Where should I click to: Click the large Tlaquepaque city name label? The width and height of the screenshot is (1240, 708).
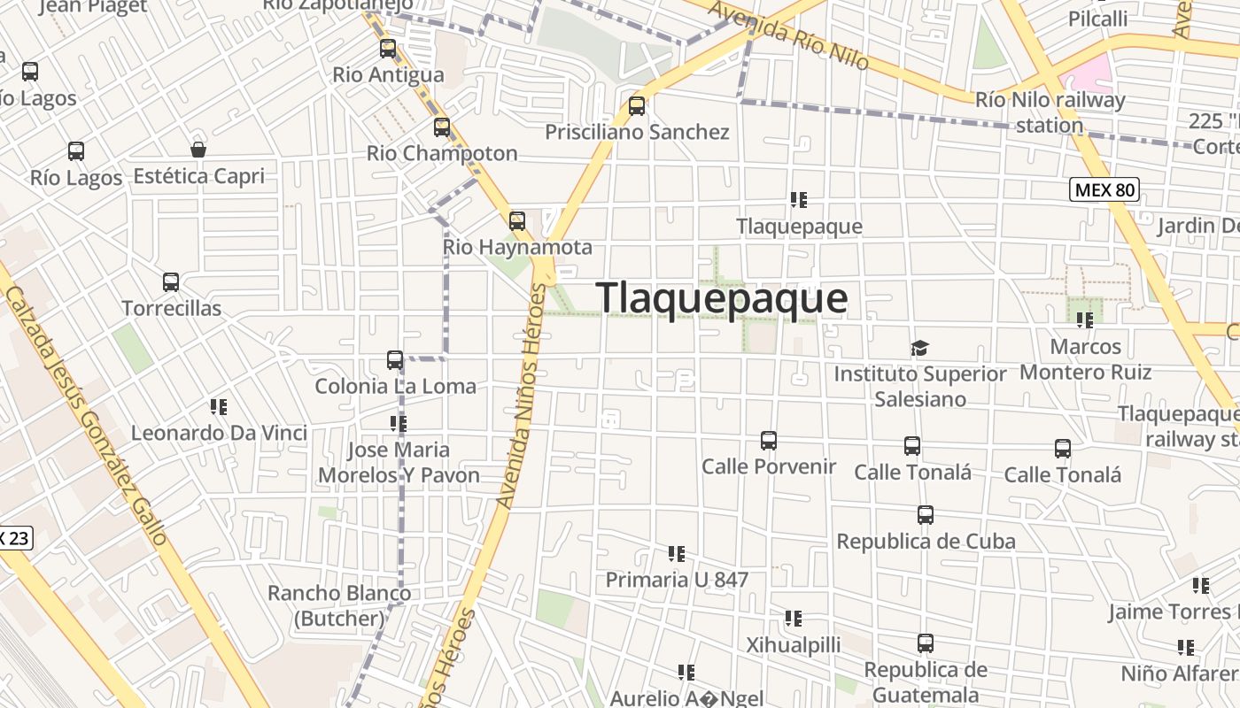point(722,298)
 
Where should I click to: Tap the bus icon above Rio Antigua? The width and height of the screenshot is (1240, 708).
point(388,49)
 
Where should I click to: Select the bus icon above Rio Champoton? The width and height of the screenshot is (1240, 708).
point(442,127)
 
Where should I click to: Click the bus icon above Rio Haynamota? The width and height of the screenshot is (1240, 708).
point(517,221)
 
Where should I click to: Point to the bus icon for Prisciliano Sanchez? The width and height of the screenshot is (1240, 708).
point(637,106)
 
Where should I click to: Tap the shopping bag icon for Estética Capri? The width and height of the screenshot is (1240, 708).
point(198,150)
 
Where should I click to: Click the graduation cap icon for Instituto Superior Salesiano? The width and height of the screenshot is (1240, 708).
point(920,348)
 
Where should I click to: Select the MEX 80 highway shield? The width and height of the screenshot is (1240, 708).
point(1104,189)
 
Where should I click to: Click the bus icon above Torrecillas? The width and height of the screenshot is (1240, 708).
point(171,282)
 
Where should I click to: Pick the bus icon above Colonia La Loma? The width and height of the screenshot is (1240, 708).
point(395,360)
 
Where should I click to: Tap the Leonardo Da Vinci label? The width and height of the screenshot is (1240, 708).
point(219,433)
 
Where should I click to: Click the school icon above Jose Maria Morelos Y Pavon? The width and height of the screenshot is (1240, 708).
point(399,424)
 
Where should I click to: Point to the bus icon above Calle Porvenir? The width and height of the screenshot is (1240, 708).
point(769,440)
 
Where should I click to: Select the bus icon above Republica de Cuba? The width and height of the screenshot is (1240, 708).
point(926,514)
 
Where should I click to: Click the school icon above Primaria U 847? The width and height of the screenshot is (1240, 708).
point(677,554)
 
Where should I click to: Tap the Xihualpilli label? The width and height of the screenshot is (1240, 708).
point(794,644)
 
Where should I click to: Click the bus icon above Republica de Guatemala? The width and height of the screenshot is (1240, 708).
point(926,643)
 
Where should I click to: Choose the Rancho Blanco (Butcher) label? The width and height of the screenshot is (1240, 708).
point(339,605)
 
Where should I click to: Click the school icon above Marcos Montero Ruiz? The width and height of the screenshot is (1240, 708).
point(1085,320)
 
